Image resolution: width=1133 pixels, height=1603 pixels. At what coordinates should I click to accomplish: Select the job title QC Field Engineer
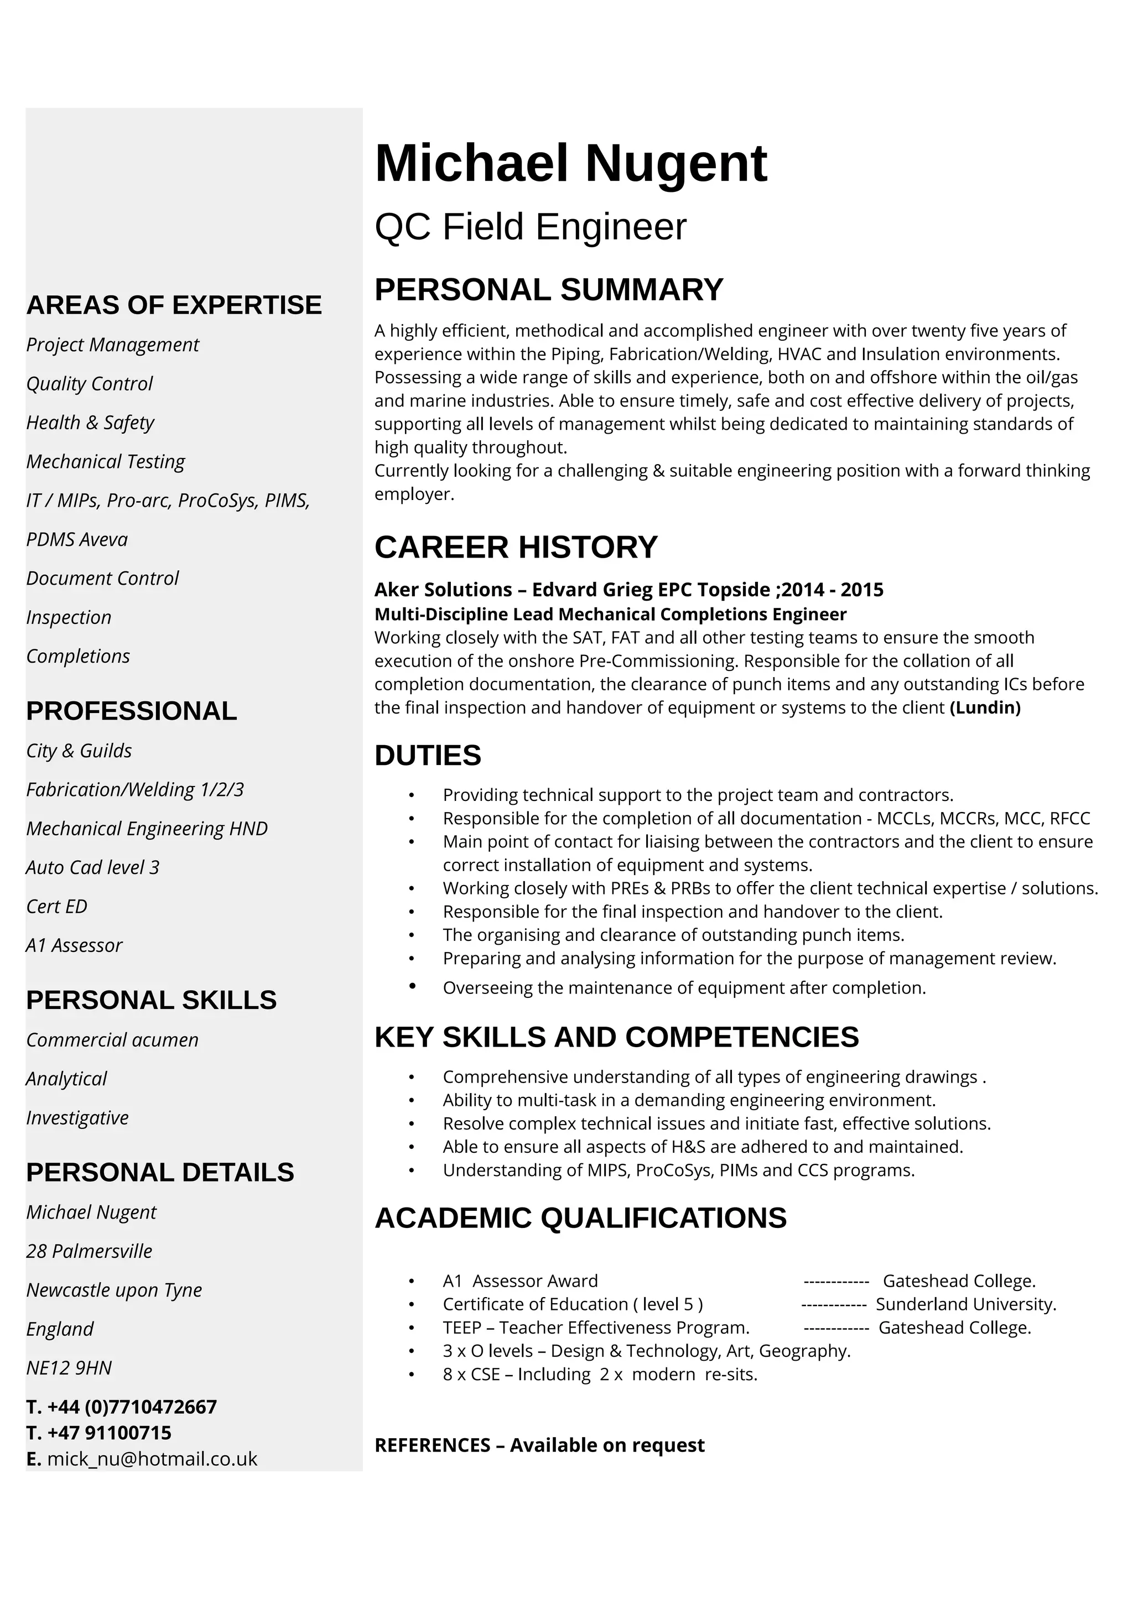(x=531, y=227)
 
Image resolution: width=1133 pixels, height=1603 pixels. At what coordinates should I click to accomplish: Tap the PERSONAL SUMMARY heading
(x=549, y=290)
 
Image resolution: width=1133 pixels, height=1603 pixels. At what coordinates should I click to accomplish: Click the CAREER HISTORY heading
(x=516, y=548)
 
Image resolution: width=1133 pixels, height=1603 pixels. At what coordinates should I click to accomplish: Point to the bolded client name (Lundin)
(x=985, y=708)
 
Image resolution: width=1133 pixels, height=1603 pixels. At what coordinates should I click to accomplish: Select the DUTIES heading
(x=428, y=756)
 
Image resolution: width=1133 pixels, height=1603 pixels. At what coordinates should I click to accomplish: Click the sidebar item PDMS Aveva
(x=77, y=540)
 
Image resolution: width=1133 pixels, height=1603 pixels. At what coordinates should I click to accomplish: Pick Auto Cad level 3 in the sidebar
(x=93, y=867)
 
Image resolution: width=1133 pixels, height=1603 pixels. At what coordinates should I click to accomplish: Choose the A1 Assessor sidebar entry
(x=74, y=945)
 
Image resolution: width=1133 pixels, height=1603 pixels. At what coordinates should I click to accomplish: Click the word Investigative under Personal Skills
(x=77, y=1118)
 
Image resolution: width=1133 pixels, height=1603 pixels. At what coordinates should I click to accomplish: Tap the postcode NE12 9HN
(x=69, y=1368)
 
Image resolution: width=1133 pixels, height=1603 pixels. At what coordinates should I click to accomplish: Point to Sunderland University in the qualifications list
(x=965, y=1304)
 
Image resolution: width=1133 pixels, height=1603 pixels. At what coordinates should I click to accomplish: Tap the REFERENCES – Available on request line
(x=539, y=1445)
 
